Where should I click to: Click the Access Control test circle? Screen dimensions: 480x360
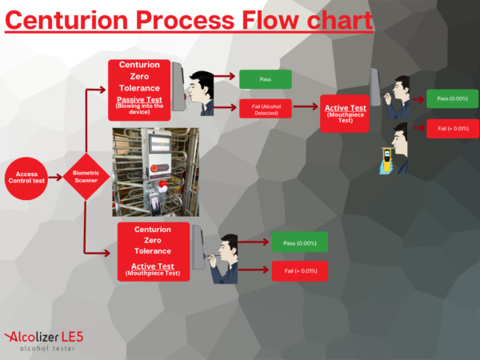pyautogui.click(x=26, y=178)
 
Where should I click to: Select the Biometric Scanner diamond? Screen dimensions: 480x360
pyautogui.click(x=86, y=177)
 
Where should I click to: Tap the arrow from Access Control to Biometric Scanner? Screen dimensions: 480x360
pyautogui.click(x=55, y=178)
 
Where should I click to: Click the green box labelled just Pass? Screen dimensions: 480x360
pyautogui.click(x=266, y=79)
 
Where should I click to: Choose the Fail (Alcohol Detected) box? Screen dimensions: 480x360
pyautogui.click(x=266, y=109)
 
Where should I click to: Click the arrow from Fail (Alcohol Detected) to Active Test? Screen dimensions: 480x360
pyautogui.click(x=306, y=106)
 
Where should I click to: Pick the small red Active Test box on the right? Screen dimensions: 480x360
pyautogui.click(x=345, y=114)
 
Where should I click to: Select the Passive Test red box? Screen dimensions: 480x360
pyautogui.click(x=139, y=90)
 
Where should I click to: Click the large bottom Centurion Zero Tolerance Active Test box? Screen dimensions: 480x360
pyautogui.click(x=154, y=252)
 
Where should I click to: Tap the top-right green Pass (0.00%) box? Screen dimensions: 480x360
pyautogui.click(x=453, y=98)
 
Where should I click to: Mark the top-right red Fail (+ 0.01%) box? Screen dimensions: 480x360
pyautogui.click(x=453, y=129)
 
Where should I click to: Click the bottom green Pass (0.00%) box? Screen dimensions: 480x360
pyautogui.click(x=300, y=242)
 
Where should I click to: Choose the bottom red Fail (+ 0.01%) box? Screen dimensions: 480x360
pyautogui.click(x=300, y=271)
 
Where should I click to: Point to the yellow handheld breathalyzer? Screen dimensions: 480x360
pyautogui.click(x=387, y=159)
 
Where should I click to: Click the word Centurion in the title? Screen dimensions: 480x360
pyautogui.click(x=66, y=21)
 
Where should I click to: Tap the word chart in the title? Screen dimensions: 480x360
pyautogui.click(x=340, y=20)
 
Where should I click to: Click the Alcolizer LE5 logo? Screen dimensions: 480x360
pyautogui.click(x=44, y=341)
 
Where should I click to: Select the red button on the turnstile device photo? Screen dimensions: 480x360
pyautogui.click(x=154, y=168)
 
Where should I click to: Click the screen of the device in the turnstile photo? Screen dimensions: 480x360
pyautogui.click(x=159, y=143)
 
